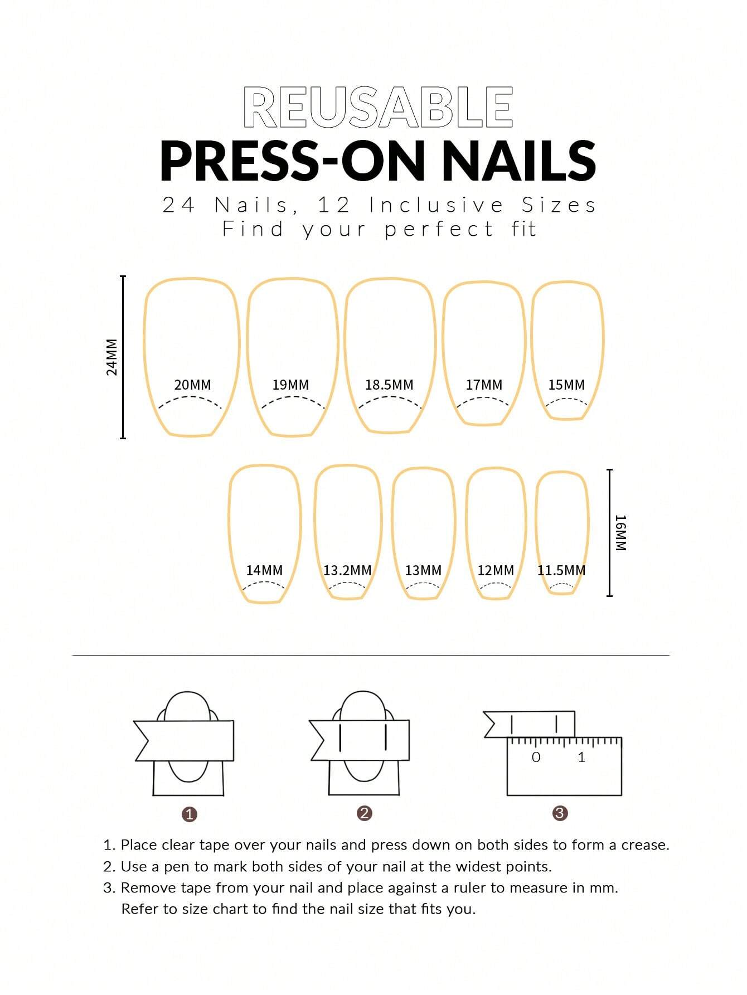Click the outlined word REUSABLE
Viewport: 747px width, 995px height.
pyautogui.click(x=378, y=108)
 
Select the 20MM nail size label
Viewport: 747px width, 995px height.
pyautogui.click(x=192, y=385)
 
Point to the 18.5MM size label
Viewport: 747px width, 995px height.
pyautogui.click(x=389, y=385)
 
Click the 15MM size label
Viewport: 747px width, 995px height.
pyautogui.click(x=566, y=385)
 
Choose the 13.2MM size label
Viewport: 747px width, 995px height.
pyautogui.click(x=347, y=570)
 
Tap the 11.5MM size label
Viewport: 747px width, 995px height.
pyautogui.click(x=561, y=570)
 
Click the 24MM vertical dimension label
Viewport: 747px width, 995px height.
pyautogui.click(x=112, y=357)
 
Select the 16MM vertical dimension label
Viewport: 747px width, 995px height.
pyautogui.click(x=620, y=533)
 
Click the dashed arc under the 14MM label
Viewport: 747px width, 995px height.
pyautogui.click(x=264, y=584)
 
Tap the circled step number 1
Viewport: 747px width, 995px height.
pyautogui.click(x=190, y=814)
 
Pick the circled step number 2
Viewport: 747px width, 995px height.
pyautogui.click(x=364, y=813)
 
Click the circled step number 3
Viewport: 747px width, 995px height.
pyautogui.click(x=560, y=813)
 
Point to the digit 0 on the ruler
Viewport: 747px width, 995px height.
pyautogui.click(x=536, y=757)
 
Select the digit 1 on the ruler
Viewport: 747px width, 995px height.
pyautogui.click(x=581, y=757)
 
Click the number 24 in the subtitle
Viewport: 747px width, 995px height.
pyautogui.click(x=178, y=205)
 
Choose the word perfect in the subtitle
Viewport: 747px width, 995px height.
pyautogui.click(x=439, y=229)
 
